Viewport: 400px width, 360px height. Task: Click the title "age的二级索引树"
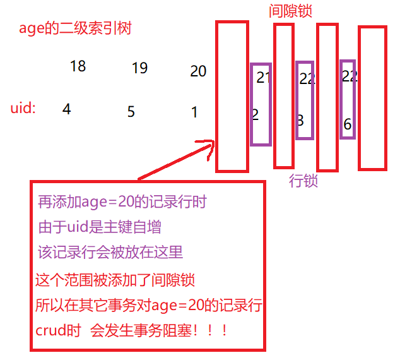[75, 28]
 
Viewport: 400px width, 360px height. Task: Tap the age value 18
[78, 66]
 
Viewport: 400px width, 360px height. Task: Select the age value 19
[139, 68]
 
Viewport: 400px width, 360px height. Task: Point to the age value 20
[198, 71]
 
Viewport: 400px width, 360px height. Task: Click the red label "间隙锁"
[290, 11]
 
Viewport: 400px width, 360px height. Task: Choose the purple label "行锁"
[303, 181]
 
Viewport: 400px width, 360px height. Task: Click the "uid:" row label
[23, 108]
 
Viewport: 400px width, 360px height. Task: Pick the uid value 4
[67, 109]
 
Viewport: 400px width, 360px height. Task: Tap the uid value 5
[131, 112]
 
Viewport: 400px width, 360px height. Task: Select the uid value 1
[195, 112]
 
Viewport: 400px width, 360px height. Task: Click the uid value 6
[348, 124]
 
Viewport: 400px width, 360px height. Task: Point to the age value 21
[263, 78]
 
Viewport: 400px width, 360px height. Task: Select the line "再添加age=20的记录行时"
[122, 202]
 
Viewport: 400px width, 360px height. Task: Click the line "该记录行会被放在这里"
[110, 252]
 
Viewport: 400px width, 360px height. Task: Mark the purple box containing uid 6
[348, 100]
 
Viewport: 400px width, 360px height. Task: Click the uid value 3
[300, 119]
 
